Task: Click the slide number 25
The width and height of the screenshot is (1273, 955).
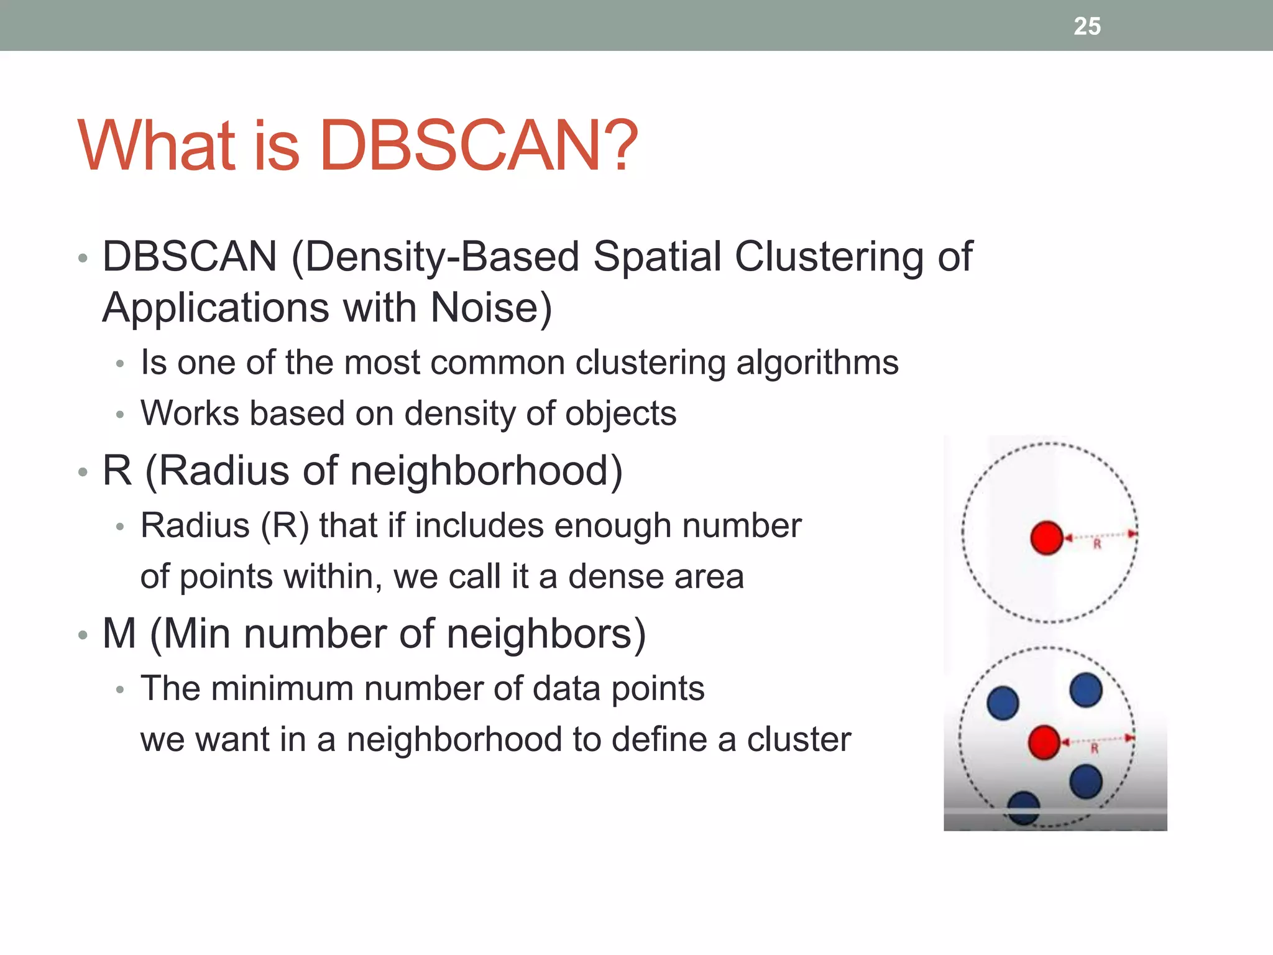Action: point(1087,26)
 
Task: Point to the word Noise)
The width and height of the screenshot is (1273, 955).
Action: point(491,308)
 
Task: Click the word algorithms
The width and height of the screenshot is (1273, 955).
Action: point(817,363)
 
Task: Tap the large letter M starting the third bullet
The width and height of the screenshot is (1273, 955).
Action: point(119,634)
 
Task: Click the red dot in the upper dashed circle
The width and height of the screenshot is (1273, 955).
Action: point(1047,538)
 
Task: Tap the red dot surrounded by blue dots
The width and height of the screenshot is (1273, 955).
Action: point(1044,742)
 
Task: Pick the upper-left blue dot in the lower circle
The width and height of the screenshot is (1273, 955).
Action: point(1003,703)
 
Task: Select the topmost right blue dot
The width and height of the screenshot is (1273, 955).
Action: point(1086,690)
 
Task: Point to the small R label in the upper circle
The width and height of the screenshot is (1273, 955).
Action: point(1097,545)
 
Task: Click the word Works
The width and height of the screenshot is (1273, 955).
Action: point(190,414)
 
